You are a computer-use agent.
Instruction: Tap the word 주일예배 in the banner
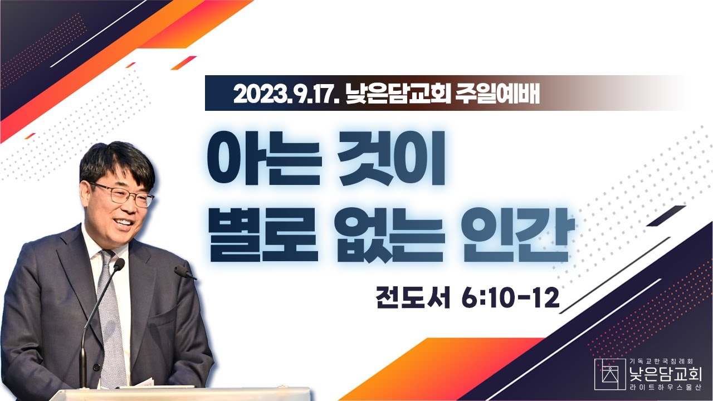[497, 94]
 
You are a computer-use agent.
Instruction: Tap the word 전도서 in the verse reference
[414, 299]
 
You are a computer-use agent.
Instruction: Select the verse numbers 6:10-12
[510, 299]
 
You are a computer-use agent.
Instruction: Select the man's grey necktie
[110, 312]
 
